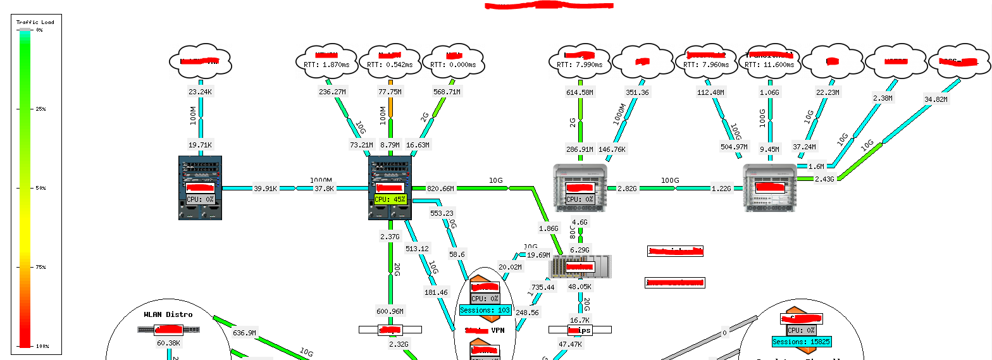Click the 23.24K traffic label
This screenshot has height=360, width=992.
(200, 92)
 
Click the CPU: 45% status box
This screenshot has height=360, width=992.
(390, 199)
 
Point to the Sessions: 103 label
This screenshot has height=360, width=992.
(485, 311)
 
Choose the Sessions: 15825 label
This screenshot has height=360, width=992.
(801, 342)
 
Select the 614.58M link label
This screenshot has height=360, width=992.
(580, 92)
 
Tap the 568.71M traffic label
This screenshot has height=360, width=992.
(447, 92)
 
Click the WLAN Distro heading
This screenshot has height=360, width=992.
(168, 314)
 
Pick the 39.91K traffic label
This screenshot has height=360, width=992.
(266, 189)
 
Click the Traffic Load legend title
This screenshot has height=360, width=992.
(35, 22)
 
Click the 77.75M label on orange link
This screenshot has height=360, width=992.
(390, 92)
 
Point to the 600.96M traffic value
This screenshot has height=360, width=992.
(390, 311)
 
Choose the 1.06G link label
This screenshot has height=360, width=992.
(769, 92)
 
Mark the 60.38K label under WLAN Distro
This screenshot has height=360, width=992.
(168, 344)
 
